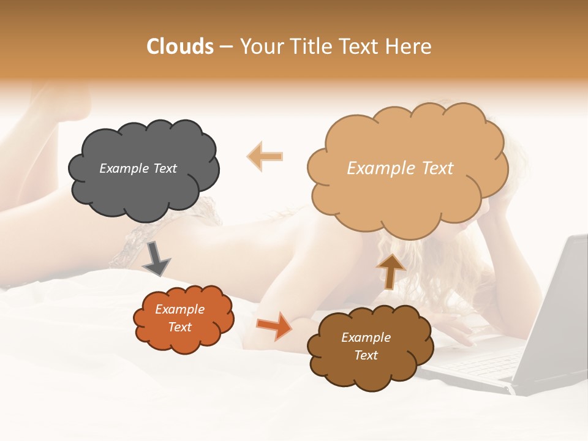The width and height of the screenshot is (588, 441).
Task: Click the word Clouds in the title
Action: coord(180,47)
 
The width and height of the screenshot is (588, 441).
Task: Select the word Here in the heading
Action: coord(410,47)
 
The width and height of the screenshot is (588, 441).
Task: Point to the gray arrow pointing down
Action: coord(156,258)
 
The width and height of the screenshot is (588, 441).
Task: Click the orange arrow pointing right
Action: coord(274,326)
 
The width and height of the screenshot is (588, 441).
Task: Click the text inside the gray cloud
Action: coord(138,168)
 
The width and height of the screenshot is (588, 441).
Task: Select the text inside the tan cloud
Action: coord(400,168)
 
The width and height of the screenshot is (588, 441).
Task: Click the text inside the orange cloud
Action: coord(179,318)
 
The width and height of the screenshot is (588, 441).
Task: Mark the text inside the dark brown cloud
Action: coord(366,346)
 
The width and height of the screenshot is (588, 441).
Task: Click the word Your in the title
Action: coord(259,47)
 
